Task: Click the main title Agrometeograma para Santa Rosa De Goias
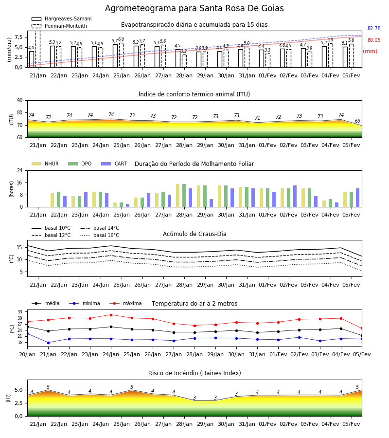tap(194, 8)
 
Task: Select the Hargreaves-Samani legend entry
tap(62, 18)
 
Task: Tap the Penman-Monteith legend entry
tap(59, 26)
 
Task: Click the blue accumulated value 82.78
tap(374, 29)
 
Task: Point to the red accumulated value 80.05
tap(374, 40)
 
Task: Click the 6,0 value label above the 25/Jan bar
tap(121, 39)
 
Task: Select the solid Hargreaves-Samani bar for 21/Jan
tap(32, 59)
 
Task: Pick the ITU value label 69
tap(357, 121)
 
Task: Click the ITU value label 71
tap(257, 118)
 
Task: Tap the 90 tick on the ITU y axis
tap(20, 101)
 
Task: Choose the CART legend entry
tap(114, 164)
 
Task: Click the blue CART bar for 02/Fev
tap(295, 196)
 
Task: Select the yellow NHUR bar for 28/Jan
tap(178, 196)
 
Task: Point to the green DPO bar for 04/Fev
tap(330, 203)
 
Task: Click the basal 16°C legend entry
tap(100, 235)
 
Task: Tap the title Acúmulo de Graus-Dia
tap(194, 234)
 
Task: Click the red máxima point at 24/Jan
tap(111, 315)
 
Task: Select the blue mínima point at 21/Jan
tap(48, 343)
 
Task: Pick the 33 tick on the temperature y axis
tap(20, 312)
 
